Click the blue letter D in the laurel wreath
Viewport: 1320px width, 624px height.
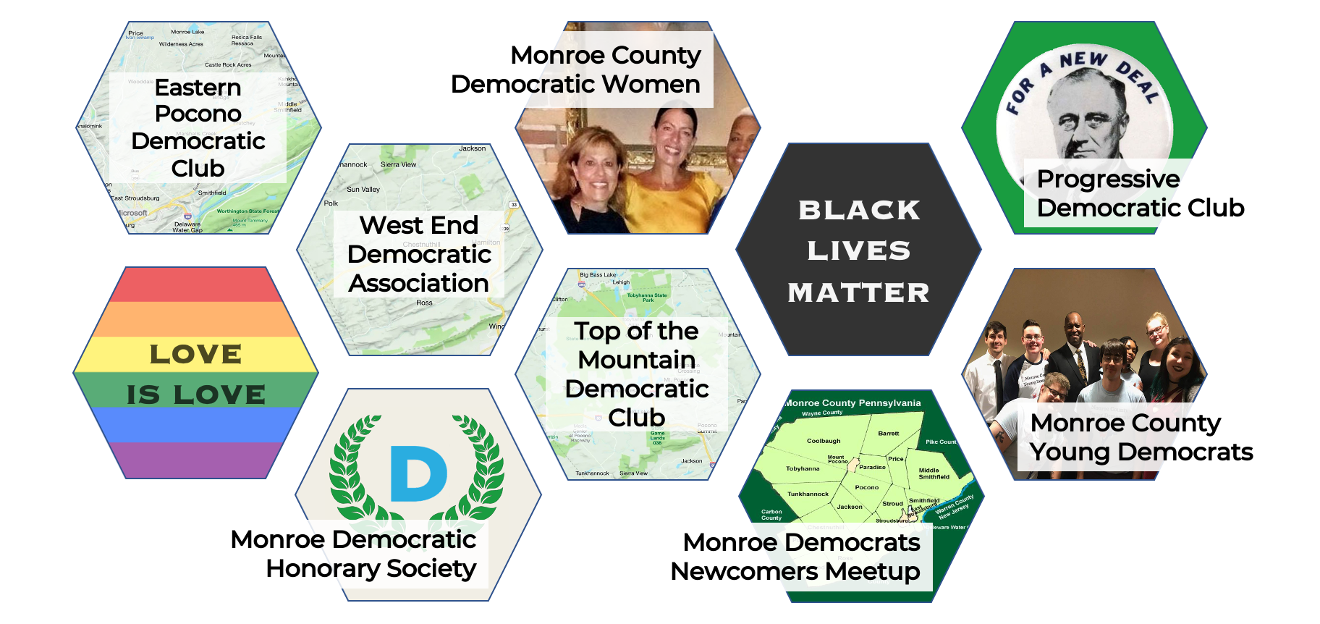418,473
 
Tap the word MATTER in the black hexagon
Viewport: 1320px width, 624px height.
858,293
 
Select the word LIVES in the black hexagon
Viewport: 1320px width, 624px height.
858,251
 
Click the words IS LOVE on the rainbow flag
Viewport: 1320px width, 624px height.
196,395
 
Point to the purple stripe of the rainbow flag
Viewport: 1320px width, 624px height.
195,460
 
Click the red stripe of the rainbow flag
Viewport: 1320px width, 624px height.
195,284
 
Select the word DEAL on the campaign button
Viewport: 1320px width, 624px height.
1139,80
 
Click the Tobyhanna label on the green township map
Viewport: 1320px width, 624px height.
803,468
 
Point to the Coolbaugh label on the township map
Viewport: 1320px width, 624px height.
824,441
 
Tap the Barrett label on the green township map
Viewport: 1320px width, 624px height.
889,434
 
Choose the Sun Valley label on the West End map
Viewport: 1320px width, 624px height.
363,190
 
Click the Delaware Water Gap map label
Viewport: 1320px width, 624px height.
187,227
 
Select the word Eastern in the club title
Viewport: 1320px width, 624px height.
198,88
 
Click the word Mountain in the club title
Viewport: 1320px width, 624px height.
637,360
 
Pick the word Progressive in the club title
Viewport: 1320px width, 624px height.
1108,179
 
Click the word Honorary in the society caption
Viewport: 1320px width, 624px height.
322,569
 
